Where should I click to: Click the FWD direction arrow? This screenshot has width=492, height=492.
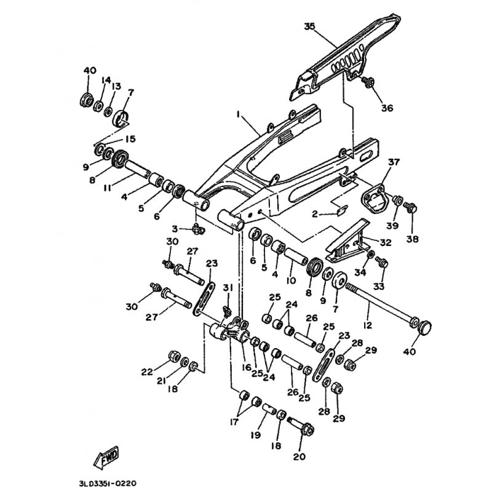tap(106, 456)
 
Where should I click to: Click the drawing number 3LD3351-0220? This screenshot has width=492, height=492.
tap(108, 483)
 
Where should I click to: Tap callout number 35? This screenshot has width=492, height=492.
tap(309, 26)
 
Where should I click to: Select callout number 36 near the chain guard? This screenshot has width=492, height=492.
tap(387, 108)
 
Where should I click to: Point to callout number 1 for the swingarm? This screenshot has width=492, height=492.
tap(239, 115)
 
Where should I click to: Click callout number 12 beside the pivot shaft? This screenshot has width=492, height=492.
tap(367, 325)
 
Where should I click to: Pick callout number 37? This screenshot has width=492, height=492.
tap(394, 162)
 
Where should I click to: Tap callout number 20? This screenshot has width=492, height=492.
tap(299, 456)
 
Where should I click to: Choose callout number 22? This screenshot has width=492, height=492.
tap(147, 372)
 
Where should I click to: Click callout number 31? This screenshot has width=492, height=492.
tap(228, 287)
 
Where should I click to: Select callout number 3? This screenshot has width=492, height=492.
tap(175, 229)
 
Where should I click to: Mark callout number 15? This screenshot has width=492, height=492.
tap(130, 139)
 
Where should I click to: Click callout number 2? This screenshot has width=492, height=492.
tap(315, 214)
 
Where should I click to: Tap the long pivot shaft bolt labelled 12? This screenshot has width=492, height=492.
tap(382, 306)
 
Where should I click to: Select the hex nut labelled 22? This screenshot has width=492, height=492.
tap(174, 355)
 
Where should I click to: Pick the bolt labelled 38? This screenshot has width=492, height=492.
tap(410, 207)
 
